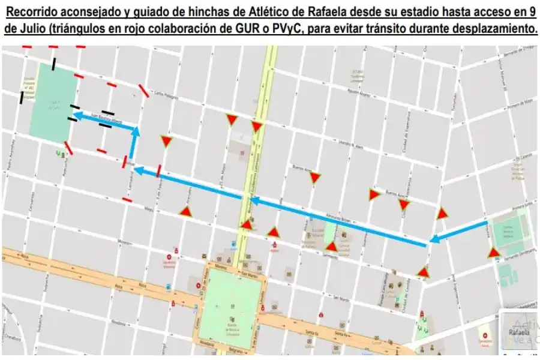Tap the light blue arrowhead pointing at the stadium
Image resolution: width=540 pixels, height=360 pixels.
pyautogui.click(x=76, y=113)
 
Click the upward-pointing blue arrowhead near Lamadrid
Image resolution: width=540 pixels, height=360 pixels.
pyautogui.click(x=136, y=131)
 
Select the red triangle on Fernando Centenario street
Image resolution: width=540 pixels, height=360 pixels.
pyautogui.click(x=494, y=253)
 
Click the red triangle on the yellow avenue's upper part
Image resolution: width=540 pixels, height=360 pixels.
pyautogui.click(x=257, y=127)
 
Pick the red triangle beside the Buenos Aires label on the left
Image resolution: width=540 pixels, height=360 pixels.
pyautogui.click(x=315, y=177)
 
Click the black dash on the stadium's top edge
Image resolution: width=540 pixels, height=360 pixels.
pyautogui.click(x=55, y=63)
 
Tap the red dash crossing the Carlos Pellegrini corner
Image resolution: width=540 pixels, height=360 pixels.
pyautogui.click(x=144, y=91)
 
